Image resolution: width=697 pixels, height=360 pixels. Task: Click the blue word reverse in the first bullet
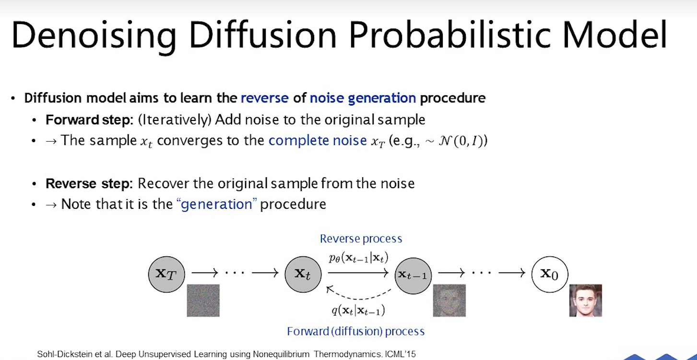265,98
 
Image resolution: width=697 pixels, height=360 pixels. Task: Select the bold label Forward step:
90,120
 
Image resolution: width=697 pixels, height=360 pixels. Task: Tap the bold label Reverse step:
89,183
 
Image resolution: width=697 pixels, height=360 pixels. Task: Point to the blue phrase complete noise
318,141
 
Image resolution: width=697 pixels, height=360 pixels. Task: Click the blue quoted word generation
216,204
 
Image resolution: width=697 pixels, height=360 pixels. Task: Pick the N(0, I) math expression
463,141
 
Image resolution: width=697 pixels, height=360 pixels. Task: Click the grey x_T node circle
166,274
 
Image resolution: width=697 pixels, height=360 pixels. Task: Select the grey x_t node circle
303,274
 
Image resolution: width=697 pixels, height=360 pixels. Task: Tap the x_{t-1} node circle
413,276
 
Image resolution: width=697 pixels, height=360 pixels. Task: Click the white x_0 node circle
550,274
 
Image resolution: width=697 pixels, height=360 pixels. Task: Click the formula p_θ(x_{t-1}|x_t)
359,258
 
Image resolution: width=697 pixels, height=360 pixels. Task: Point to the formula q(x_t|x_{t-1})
358,311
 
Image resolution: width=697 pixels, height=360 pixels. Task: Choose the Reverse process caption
361,239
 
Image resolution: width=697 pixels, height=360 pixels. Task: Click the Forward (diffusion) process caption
355,331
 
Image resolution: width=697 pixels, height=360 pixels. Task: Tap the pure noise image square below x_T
203,300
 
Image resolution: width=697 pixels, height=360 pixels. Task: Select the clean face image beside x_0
586,300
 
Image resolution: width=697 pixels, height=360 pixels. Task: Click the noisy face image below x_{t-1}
449,300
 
